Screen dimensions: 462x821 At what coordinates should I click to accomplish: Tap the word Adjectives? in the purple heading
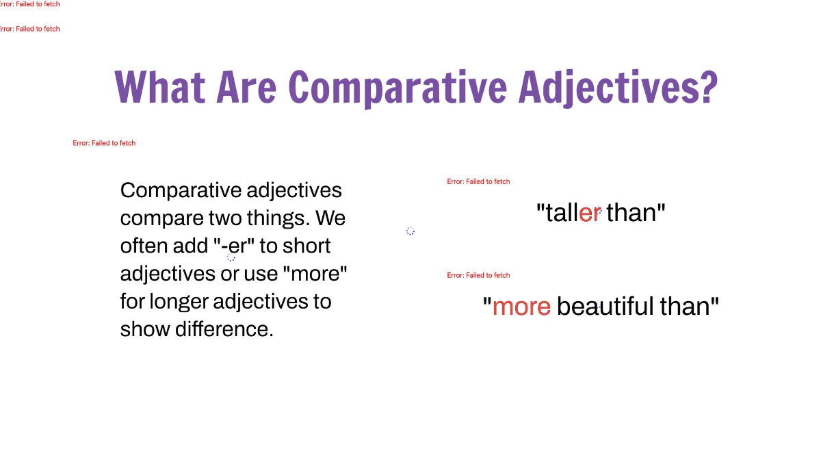618,88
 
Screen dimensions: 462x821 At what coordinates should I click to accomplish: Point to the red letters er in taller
590,214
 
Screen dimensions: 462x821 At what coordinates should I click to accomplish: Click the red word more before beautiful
521,307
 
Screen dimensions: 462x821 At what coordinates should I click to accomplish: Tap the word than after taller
631,214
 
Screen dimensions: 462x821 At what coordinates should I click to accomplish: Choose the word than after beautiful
686,307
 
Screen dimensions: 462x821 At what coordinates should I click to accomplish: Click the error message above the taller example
478,182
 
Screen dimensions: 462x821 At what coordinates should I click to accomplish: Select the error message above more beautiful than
478,275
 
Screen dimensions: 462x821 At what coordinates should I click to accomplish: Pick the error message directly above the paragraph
104,143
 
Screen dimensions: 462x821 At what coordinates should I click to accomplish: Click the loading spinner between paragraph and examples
410,231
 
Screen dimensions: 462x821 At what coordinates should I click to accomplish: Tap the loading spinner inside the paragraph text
231,257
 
